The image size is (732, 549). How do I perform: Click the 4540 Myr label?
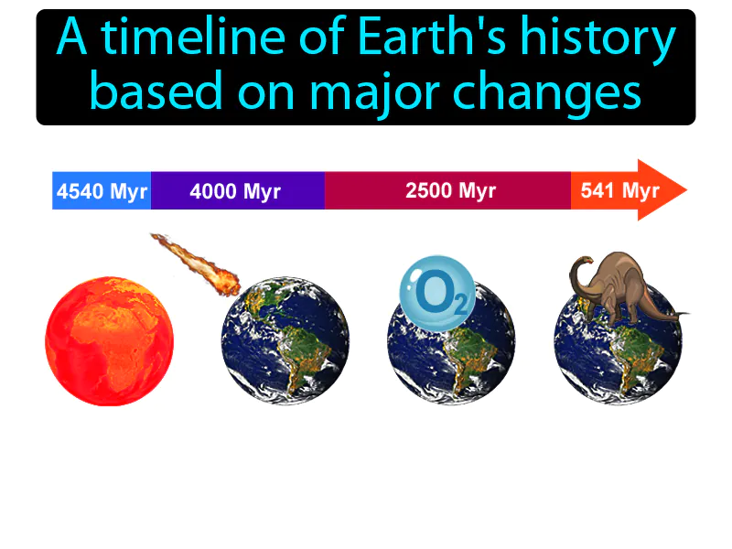point(102,191)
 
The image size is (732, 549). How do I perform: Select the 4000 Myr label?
point(235,191)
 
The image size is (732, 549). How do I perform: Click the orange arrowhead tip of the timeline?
point(681,190)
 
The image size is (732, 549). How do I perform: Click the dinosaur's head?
point(578,266)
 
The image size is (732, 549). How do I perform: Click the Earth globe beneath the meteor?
point(285,343)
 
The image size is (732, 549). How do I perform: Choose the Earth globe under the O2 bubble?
point(451,352)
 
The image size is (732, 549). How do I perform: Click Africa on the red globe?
point(114,339)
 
